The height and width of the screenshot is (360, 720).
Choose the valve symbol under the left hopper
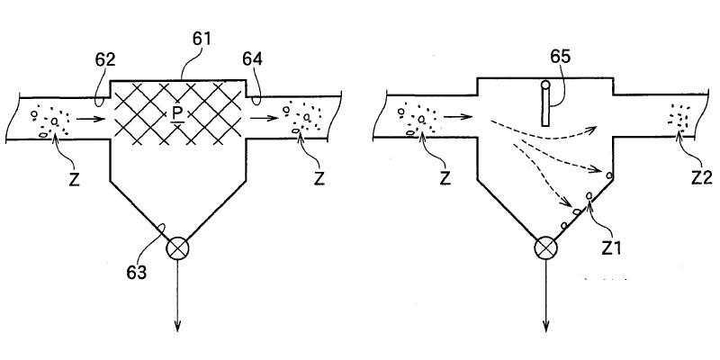(x=178, y=247)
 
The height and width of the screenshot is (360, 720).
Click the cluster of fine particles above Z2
(x=679, y=117)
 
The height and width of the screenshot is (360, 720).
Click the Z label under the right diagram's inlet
(x=445, y=177)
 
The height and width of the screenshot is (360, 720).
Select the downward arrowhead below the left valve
(x=178, y=325)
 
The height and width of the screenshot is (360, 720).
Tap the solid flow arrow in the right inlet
(x=458, y=116)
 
